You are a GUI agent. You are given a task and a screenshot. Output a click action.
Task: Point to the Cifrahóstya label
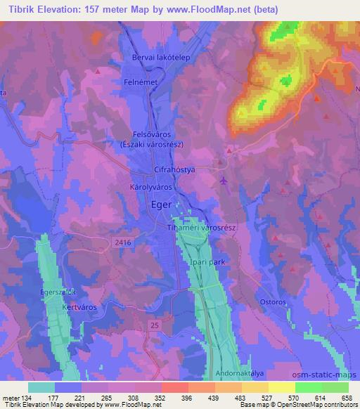point(174,171)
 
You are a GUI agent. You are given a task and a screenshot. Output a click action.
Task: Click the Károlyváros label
point(152,188)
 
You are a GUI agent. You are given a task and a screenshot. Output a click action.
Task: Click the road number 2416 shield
point(121,241)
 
